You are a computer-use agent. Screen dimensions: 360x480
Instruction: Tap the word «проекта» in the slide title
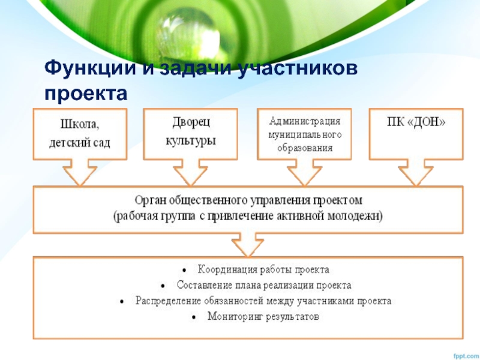86,93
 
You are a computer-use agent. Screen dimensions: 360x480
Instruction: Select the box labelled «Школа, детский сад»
79,133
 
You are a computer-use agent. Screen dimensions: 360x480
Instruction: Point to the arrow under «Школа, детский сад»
80,173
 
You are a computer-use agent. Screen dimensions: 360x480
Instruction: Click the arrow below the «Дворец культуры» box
190,173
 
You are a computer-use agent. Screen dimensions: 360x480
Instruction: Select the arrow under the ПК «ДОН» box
415,173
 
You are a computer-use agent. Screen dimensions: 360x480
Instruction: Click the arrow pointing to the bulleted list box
247,245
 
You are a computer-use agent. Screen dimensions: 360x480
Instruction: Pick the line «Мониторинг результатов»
263,316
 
